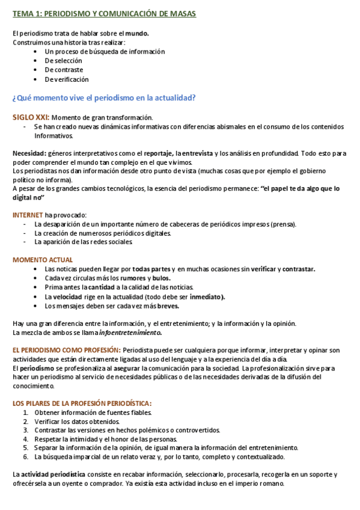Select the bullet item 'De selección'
[x=63, y=61]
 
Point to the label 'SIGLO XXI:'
[x=31, y=117]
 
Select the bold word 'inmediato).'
[x=207, y=296]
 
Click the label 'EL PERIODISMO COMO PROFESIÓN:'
[x=67, y=350]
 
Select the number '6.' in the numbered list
[x=26, y=457]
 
